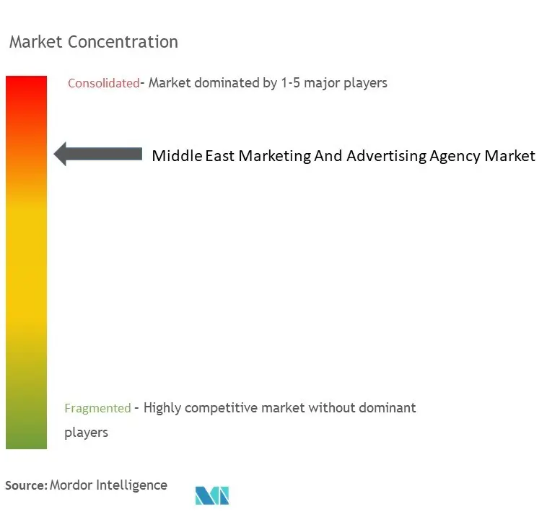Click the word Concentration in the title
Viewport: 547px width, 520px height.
click(123, 42)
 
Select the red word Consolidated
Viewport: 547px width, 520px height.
click(103, 83)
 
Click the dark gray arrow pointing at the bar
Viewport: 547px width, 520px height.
click(97, 153)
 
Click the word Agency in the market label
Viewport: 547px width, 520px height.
click(455, 155)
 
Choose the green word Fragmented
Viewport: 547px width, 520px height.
click(97, 408)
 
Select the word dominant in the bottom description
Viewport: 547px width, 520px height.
click(388, 408)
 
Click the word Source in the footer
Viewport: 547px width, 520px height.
click(25, 485)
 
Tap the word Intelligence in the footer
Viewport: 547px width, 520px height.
click(134, 485)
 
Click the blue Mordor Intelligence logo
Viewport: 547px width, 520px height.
click(211, 495)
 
